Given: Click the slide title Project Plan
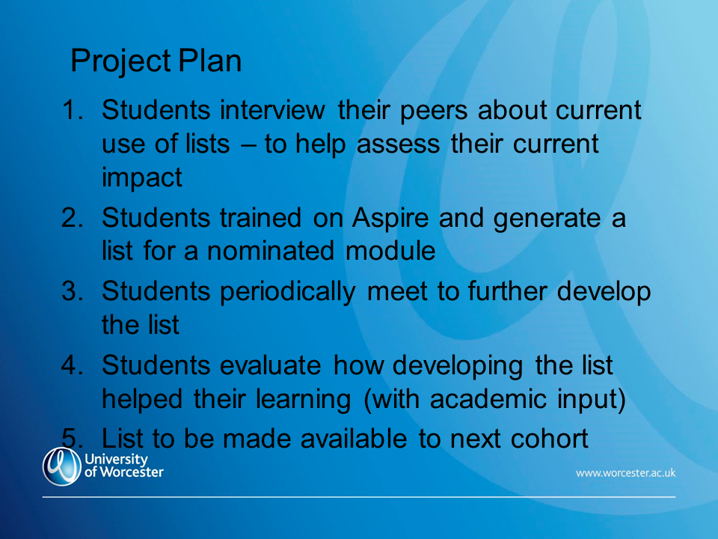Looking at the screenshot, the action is (156, 61).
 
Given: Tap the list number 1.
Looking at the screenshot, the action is (73, 111).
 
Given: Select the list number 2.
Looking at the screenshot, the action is (73, 218).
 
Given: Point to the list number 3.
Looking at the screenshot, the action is (73, 291).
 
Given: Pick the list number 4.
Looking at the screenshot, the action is (73, 365).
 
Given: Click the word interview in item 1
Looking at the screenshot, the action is (272, 111).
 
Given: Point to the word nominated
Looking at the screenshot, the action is (271, 252).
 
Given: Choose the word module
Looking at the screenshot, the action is (390, 252).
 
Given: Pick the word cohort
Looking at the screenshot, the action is (550, 439).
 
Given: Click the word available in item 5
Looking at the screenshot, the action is (354, 439).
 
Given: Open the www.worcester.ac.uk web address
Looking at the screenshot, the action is (625, 473).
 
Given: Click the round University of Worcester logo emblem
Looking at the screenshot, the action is (62, 466).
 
